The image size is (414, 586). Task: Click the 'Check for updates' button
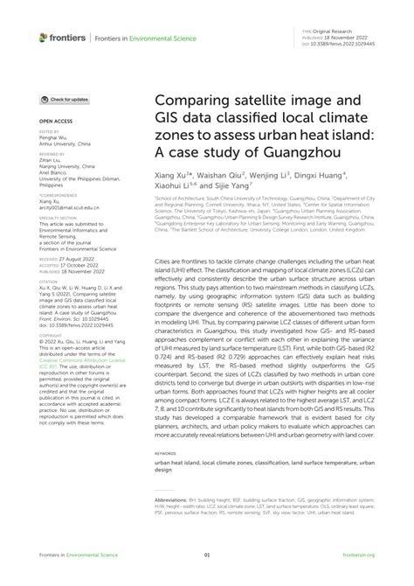69,101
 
